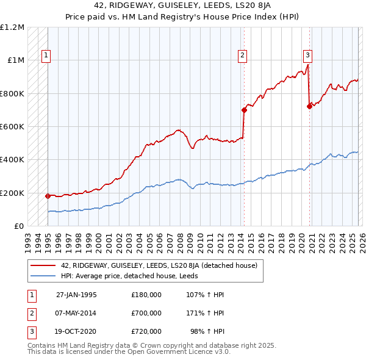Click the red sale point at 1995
pyautogui.click(x=48, y=196)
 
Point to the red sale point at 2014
pyautogui.click(x=244, y=110)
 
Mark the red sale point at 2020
pyautogui.click(x=309, y=106)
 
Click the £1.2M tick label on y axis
pyautogui.click(x=12, y=27)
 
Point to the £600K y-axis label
pyautogui.click(x=12, y=127)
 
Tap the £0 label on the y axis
pyautogui.click(x=18, y=226)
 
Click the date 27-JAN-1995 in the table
pyautogui.click(x=76, y=295)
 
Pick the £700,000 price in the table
pyautogui.click(x=146, y=313)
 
